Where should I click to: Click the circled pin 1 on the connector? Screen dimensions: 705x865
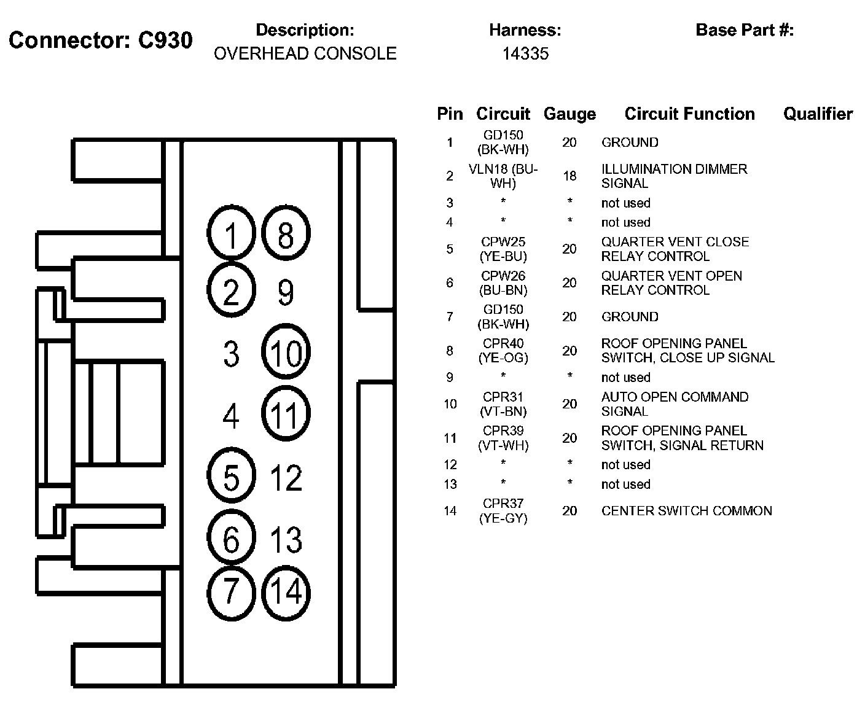click(x=231, y=234)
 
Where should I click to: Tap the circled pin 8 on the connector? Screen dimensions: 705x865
click(x=286, y=234)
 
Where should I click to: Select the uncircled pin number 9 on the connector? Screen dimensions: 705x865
click(x=286, y=292)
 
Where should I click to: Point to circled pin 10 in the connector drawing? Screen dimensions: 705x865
click(x=286, y=353)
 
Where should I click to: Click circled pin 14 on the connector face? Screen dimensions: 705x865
click(x=286, y=592)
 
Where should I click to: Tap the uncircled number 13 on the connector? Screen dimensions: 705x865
click(x=286, y=539)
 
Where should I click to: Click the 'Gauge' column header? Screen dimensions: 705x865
click(x=569, y=114)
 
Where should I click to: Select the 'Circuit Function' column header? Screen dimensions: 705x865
click(x=689, y=114)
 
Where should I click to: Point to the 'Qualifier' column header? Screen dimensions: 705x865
click(x=818, y=114)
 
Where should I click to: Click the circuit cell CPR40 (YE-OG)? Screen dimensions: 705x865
click(x=503, y=350)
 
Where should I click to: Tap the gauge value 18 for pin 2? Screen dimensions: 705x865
click(x=569, y=176)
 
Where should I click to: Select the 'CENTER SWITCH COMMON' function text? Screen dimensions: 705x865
click(x=686, y=511)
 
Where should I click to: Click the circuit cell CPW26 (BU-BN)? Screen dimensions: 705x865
click(x=503, y=282)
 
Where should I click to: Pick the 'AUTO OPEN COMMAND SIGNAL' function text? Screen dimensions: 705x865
click(x=675, y=404)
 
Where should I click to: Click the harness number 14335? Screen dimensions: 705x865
click(x=525, y=54)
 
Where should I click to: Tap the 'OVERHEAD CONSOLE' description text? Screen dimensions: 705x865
click(x=305, y=54)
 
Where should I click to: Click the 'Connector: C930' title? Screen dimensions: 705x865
click(x=101, y=41)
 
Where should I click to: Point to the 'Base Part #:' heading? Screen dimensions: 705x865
click(x=745, y=30)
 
